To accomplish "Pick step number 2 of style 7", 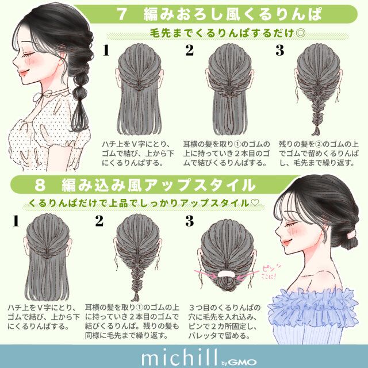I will pos(189,51).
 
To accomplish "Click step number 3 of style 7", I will pos(280,51).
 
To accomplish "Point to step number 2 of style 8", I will pos(99,220).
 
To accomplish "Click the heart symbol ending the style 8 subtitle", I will pos(255,203).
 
